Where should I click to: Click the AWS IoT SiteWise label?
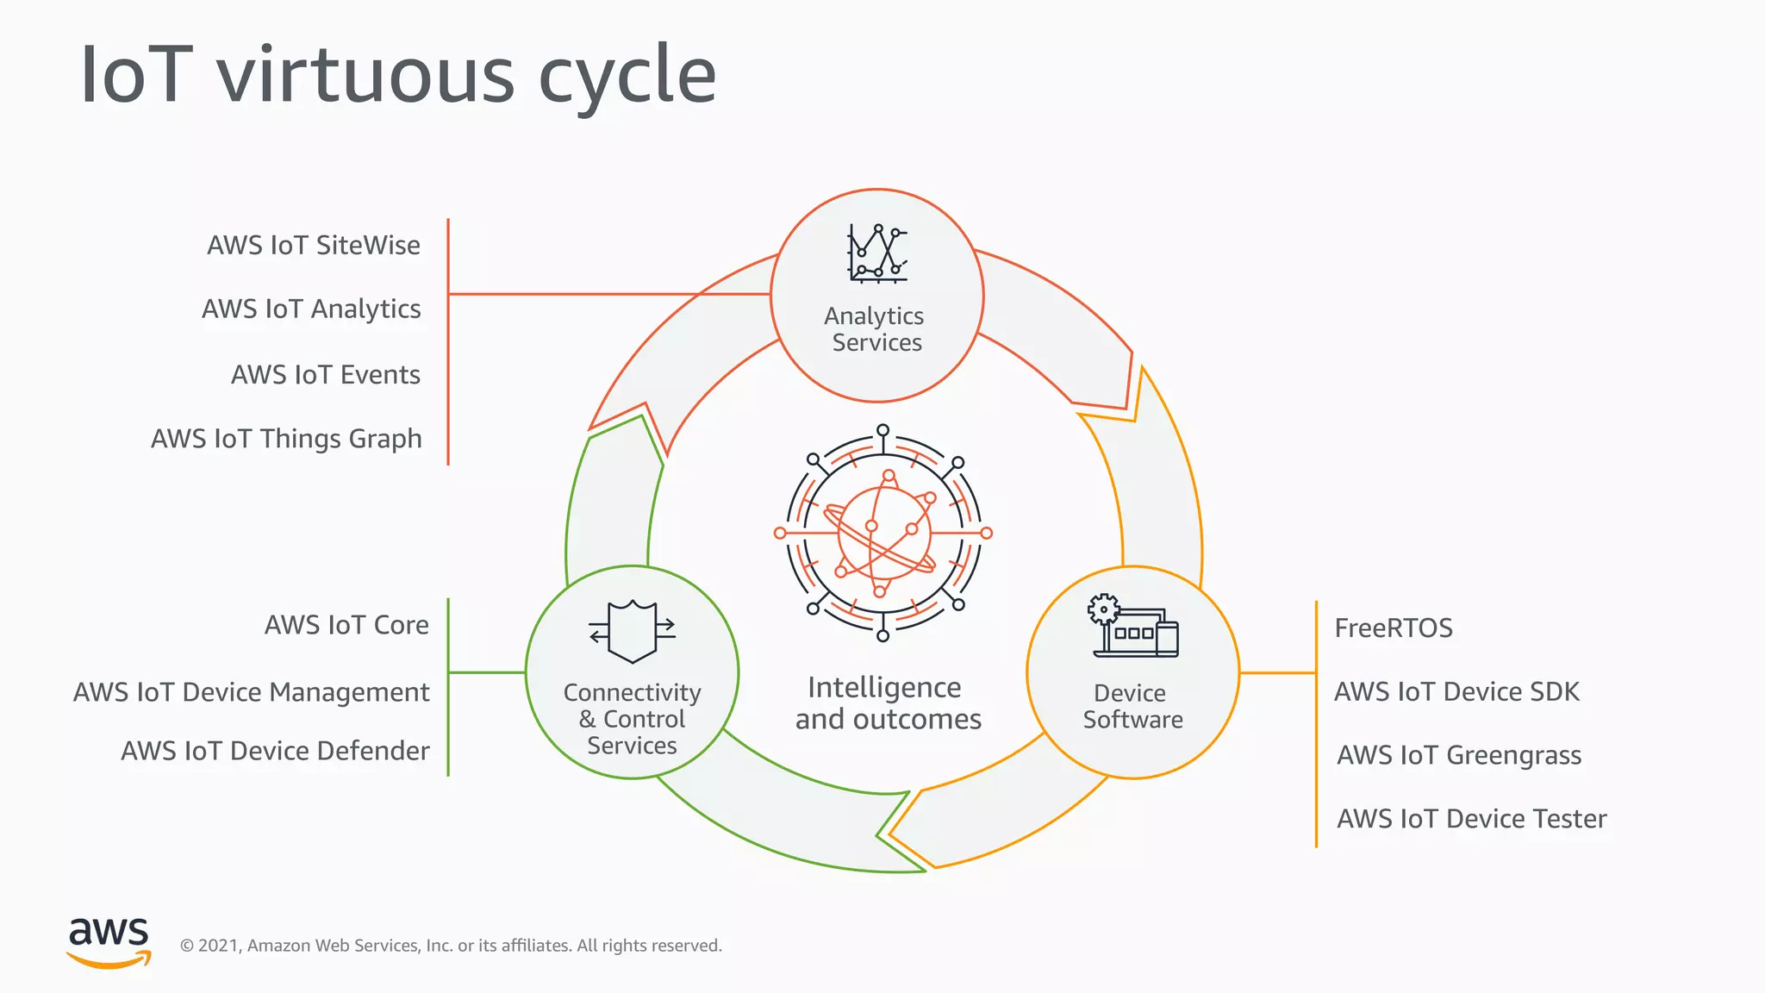tap(314, 246)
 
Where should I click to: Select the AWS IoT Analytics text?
tap(311, 309)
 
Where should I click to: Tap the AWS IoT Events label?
tap(326, 375)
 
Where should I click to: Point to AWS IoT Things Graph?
tap(286, 440)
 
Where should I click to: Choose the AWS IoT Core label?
tap(346, 625)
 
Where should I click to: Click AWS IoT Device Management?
tap(251, 692)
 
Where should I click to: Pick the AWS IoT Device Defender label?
tap(275, 751)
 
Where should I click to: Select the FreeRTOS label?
tap(1394, 628)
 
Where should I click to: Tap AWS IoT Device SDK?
tap(1456, 692)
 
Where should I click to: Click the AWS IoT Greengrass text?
tap(1459, 756)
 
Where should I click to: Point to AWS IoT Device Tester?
tap(1471, 819)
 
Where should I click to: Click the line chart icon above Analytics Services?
tap(877, 253)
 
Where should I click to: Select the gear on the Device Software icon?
tap(1103, 609)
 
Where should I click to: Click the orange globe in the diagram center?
tap(884, 534)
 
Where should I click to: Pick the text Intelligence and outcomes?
tap(888, 703)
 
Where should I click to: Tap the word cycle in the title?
tap(627, 76)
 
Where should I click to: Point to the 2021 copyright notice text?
tap(451, 946)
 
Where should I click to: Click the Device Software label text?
tap(1132, 706)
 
